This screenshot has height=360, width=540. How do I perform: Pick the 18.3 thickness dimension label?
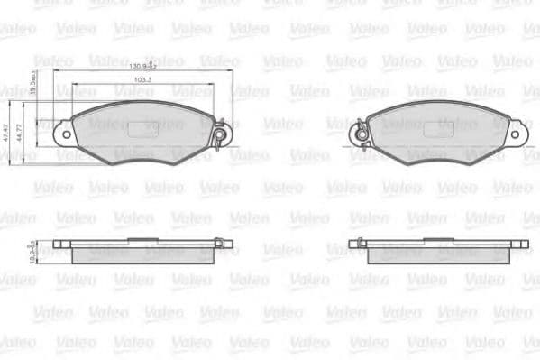(x=32, y=254)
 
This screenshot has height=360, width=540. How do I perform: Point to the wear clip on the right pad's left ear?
(x=358, y=135)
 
